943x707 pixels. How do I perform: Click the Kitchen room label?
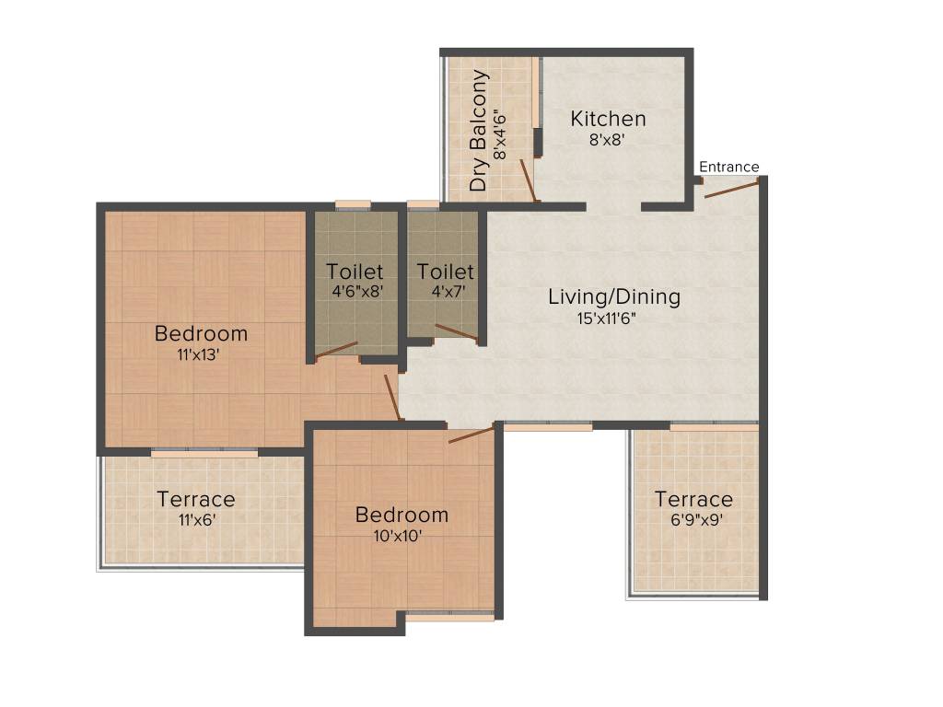point(608,119)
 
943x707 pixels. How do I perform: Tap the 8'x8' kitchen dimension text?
point(608,141)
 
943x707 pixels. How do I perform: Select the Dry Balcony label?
point(479,131)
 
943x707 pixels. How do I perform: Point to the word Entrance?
point(729,167)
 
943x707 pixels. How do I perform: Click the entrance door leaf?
point(731,188)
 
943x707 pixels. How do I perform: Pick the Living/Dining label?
point(614,296)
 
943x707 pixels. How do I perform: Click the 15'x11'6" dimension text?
point(606,319)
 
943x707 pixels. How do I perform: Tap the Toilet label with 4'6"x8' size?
point(355,272)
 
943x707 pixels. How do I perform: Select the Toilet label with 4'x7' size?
point(445,272)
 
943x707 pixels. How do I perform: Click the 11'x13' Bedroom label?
point(201,333)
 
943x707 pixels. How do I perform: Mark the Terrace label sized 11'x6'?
point(196,499)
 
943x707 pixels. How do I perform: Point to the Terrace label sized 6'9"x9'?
point(693,499)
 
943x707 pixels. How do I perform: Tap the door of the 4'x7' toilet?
point(457,332)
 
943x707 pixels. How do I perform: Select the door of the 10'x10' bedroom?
point(471,435)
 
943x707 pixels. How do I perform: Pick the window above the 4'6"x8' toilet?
point(353,204)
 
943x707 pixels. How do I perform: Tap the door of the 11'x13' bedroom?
point(393,396)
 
